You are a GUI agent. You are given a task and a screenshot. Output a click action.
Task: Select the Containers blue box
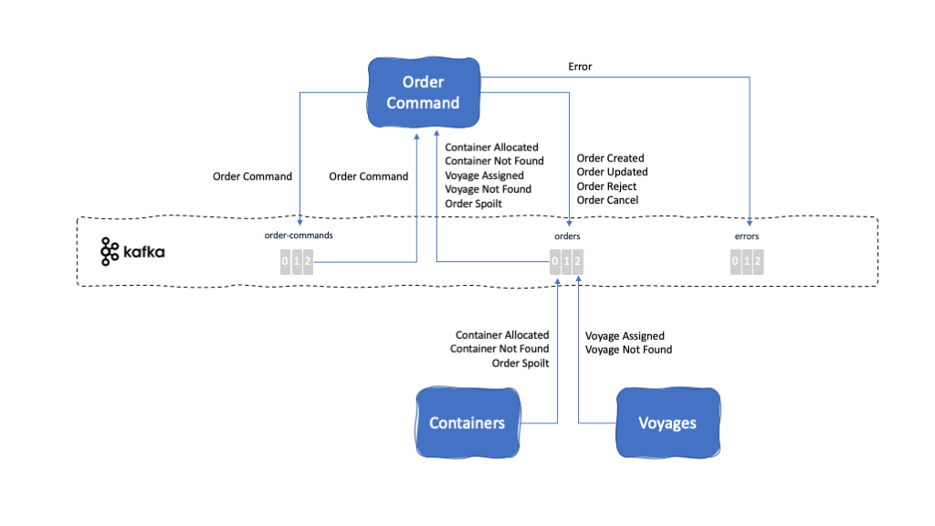[467, 423]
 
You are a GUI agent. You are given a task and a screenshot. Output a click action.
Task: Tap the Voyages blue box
[667, 423]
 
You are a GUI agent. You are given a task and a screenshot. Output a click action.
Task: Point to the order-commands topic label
[299, 236]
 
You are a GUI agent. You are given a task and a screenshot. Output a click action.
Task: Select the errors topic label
[747, 236]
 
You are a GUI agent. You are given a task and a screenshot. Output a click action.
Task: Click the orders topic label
[567, 236]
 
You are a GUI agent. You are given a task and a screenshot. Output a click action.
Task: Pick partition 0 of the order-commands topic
[285, 263]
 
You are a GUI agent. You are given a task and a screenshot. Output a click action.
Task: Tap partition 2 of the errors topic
[758, 263]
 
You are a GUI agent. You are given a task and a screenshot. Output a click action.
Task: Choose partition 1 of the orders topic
[567, 263]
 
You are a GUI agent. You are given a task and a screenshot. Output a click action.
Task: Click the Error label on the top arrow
[580, 67]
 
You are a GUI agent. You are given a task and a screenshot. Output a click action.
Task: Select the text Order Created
[610, 158]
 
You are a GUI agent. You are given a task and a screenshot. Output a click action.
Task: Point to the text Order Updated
[612, 172]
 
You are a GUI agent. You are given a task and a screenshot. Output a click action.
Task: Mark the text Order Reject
[606, 186]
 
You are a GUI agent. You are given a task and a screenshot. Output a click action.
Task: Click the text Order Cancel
[607, 200]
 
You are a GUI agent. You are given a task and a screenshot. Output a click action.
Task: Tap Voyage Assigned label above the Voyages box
[625, 336]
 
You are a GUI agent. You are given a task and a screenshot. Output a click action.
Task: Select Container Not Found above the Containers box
[499, 349]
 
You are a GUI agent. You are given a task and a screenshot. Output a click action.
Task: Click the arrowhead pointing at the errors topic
[750, 222]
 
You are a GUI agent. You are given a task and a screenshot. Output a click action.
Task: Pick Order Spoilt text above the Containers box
[520, 363]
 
